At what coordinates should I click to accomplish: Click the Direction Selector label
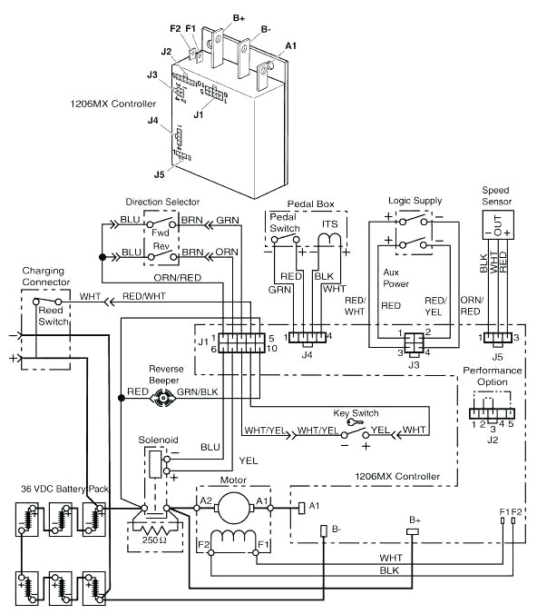click(162, 201)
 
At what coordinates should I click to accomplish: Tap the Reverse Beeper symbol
click(163, 397)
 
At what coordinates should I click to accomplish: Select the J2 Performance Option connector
click(490, 411)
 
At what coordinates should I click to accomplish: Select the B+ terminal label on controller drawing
click(239, 17)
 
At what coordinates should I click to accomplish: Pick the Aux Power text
click(395, 277)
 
